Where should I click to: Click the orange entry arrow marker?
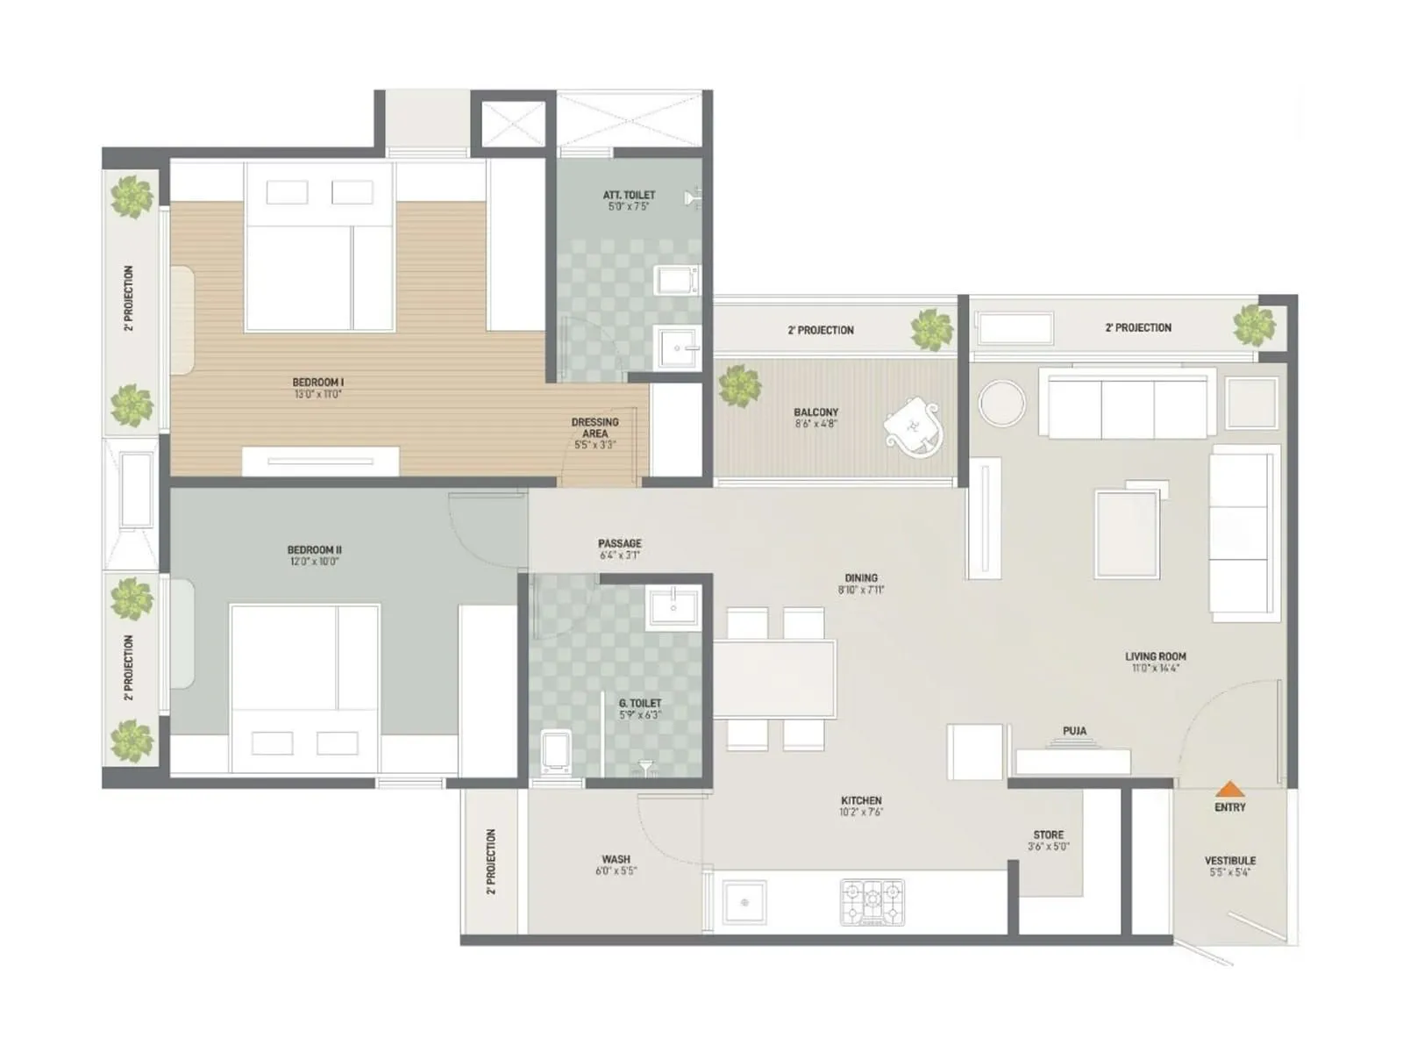coord(1230,789)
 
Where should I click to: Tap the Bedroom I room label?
coord(317,383)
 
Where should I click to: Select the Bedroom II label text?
coord(314,550)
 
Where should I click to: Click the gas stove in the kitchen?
coord(872,902)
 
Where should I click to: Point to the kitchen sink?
coord(744,903)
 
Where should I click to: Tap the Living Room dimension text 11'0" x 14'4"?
coord(1155,669)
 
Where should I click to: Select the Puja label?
coord(1074,731)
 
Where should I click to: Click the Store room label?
coord(1048,835)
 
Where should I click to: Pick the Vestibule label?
coord(1229,861)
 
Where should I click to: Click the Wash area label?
coord(616,859)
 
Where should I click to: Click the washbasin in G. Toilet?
coord(673,608)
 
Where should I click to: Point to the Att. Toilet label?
coord(629,195)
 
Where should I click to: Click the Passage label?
coord(619,543)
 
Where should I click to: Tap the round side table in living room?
coord(1001,404)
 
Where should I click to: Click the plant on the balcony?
coord(738,386)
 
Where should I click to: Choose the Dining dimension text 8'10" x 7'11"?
coord(860,591)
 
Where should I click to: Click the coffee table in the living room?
coord(1127,534)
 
